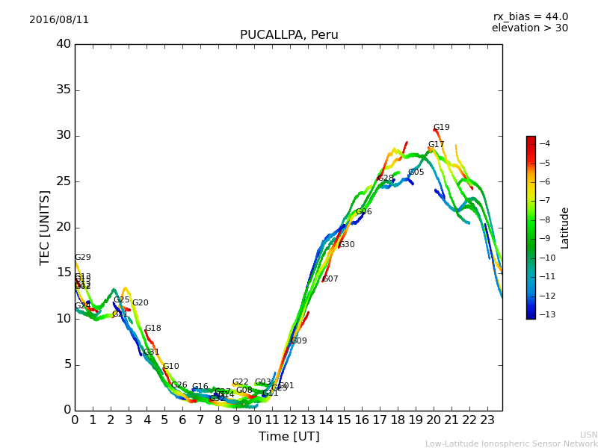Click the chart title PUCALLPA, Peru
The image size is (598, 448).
point(289,35)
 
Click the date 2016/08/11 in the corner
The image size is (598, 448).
point(59,19)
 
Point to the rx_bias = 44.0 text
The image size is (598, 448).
point(530,16)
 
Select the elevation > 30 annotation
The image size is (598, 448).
point(529,28)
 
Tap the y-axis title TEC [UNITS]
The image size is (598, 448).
point(45,227)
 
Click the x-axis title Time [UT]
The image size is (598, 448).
point(289,437)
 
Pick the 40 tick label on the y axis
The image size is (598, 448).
point(64,44)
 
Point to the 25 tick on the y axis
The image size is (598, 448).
point(64,181)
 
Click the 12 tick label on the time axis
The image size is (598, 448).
point(290,420)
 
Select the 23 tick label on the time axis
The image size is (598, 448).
point(487,420)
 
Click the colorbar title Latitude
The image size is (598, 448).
point(565,227)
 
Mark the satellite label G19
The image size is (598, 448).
point(442,128)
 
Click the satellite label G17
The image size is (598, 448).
point(437,145)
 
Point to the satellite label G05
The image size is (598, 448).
point(416,172)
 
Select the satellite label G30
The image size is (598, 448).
point(347,245)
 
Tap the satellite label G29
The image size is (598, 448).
point(83,258)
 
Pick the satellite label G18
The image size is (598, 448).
point(153,329)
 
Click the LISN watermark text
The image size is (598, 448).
point(588,435)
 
